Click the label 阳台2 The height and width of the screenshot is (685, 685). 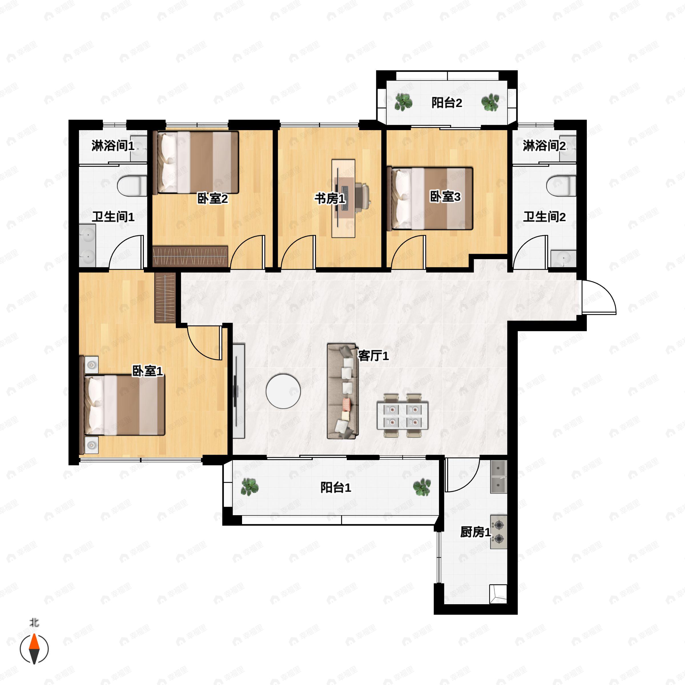tap(446, 103)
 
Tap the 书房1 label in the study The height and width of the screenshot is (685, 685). tap(330, 199)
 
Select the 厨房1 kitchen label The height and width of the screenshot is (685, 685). tap(475, 532)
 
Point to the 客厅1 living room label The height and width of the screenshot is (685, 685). tap(373, 356)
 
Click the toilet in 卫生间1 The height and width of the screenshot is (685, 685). tap(132, 186)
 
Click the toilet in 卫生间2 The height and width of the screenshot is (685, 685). tap(561, 186)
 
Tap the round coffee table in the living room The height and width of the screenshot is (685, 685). tap(283, 391)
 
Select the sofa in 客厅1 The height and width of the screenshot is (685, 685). tap(342, 391)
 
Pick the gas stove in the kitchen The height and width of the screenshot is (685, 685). tap(499, 532)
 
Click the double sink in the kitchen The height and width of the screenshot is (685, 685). tap(499, 477)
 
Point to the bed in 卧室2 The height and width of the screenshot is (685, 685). tap(198, 162)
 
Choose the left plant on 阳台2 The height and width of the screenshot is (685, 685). tap(404, 102)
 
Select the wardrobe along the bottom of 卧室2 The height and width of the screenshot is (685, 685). tap(190, 256)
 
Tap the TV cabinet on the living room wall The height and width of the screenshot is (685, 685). tap(239, 391)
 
